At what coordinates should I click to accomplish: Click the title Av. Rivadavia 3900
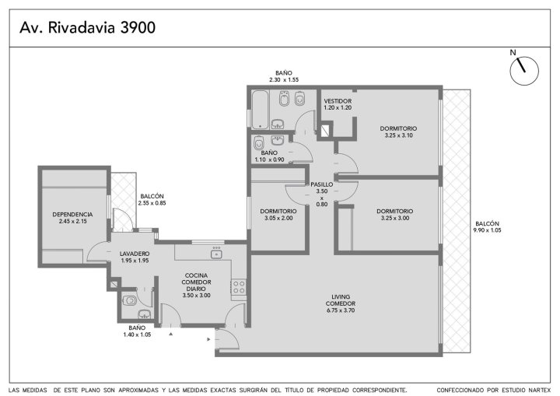pos(87,27)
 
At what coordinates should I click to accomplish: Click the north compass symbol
pos(523,70)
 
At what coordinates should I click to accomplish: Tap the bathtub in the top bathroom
pos(260,110)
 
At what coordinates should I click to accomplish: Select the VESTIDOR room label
pos(338,101)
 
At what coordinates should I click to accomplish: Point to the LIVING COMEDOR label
pos(341,300)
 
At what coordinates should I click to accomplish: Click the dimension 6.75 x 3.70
pos(341,310)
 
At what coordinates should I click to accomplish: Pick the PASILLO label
pos(321,184)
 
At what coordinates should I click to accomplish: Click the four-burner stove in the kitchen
pos(239,287)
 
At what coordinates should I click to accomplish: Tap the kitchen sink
pos(216,254)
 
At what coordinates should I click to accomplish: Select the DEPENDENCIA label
pos(72,215)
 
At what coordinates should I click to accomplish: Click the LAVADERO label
pos(135,254)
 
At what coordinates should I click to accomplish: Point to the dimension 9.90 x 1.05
pos(487,230)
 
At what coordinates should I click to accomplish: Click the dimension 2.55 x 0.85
pos(152,203)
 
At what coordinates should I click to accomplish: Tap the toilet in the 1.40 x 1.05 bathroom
pos(129,300)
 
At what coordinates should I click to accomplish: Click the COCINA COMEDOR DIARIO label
pos(196,282)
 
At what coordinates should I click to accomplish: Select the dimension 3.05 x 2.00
pos(278,218)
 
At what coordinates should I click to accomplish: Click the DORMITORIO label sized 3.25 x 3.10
pos(398,128)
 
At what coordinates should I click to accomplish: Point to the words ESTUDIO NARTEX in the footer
pos(526,390)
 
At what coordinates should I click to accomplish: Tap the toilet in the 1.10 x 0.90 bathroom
pos(258,143)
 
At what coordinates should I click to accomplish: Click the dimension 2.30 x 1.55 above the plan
pos(284,79)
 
